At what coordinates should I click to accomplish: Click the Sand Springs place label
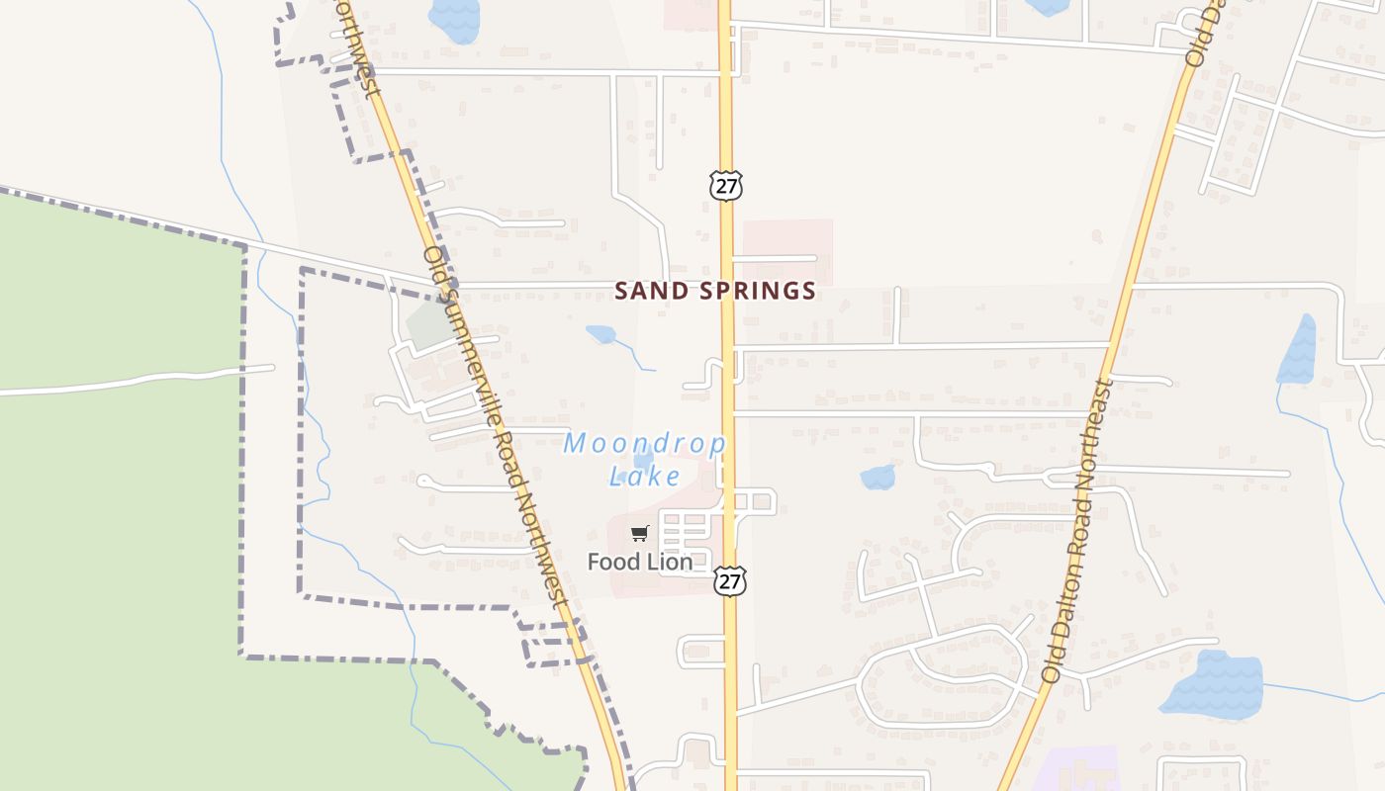tap(715, 291)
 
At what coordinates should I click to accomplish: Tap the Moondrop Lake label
tap(645, 460)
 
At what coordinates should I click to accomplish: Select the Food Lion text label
tap(639, 562)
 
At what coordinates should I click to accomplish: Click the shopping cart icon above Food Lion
tap(640, 534)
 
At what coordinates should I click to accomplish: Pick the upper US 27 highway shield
tap(725, 185)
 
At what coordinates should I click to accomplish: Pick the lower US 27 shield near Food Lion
tap(729, 581)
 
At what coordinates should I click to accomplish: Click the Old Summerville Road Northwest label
tap(494, 425)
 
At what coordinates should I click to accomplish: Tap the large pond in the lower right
tap(1215, 683)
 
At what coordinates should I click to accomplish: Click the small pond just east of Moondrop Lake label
tap(877, 478)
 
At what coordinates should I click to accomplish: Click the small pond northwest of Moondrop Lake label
tap(600, 334)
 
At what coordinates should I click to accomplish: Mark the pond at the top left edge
tap(454, 20)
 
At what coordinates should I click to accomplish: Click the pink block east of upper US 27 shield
tap(787, 251)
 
